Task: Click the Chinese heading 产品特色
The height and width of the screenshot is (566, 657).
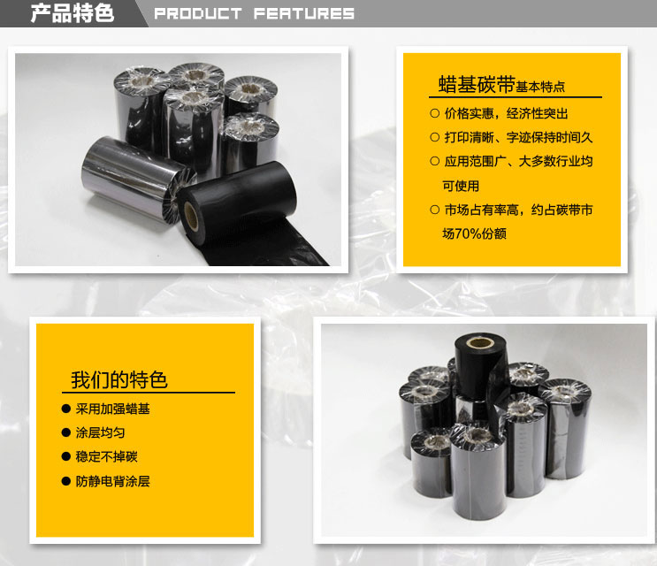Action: coord(73,13)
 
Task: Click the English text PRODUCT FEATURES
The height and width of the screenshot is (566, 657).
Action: coord(254,14)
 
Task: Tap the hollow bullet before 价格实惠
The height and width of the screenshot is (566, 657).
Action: coord(434,113)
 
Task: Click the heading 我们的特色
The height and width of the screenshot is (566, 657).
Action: coord(118,380)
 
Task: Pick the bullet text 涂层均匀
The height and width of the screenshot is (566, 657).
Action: coord(95,433)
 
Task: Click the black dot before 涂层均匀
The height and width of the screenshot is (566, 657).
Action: coord(66,433)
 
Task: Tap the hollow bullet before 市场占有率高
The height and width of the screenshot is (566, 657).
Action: coord(434,210)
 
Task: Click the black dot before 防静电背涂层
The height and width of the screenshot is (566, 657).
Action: coord(66,481)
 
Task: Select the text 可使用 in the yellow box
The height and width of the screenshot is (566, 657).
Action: coord(461,186)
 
